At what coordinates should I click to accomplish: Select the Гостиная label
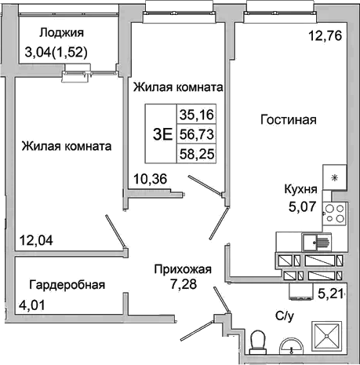tap(288, 120)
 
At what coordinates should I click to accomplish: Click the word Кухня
tap(300, 189)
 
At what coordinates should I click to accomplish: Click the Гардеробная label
tap(67, 284)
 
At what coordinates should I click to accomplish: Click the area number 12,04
tap(36, 240)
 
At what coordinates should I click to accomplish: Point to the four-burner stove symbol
tap(336, 211)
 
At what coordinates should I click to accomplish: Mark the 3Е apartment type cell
tap(162, 133)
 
